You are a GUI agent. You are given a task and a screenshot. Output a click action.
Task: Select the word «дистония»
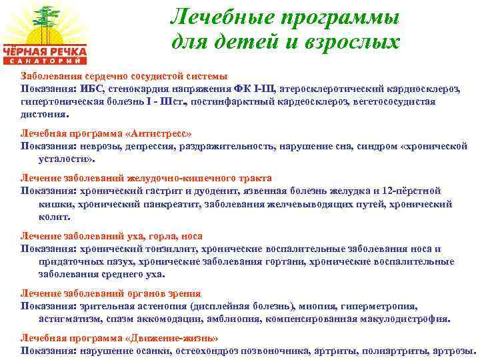(x=45, y=114)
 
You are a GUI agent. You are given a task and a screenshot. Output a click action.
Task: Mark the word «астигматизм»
(x=67, y=319)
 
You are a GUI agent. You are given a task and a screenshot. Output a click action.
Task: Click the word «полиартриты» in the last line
(x=387, y=351)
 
